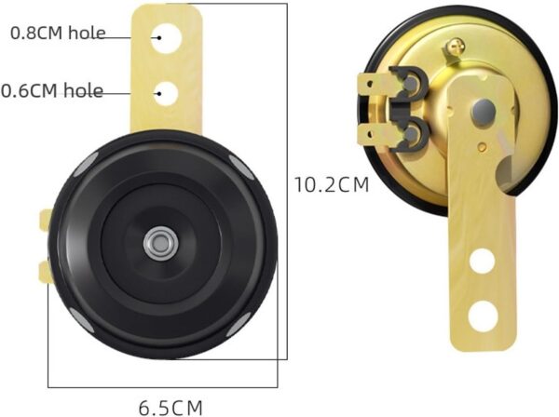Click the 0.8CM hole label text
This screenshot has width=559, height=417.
pyautogui.click(x=58, y=33)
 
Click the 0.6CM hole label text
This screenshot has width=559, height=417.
pyautogui.click(x=52, y=90)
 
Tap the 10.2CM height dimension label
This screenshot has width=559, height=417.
pyautogui.click(x=332, y=185)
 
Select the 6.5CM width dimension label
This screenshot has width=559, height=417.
pyautogui.click(x=170, y=408)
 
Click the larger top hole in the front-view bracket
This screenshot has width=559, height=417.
pyautogui.click(x=166, y=38)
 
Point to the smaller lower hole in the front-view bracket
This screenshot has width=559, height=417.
pyautogui.click(x=167, y=94)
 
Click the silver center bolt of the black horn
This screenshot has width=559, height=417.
pyautogui.click(x=161, y=244)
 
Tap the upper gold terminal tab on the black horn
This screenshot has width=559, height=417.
pyautogui.click(x=46, y=220)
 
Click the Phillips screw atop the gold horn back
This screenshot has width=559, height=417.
pyautogui.click(x=455, y=47)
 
